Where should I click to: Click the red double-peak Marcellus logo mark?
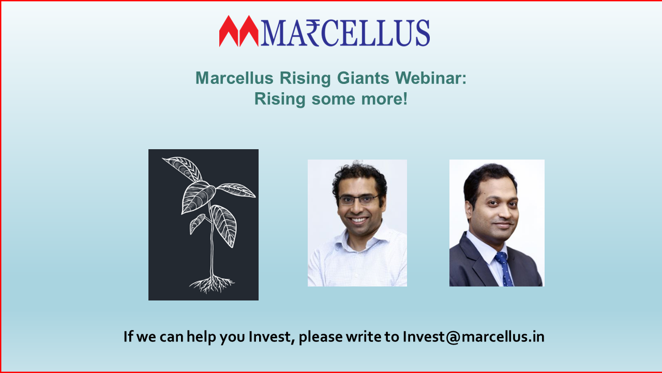239,31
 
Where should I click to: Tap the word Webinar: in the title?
431,78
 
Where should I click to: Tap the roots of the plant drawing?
212,284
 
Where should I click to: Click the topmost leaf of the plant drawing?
183,168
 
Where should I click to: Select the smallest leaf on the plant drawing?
197,223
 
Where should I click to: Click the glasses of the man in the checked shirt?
358,200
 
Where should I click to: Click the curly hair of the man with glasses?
359,178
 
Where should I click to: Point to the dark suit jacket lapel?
476,261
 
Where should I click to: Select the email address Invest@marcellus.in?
473,337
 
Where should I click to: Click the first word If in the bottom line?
128,336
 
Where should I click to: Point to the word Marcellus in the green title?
234,78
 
